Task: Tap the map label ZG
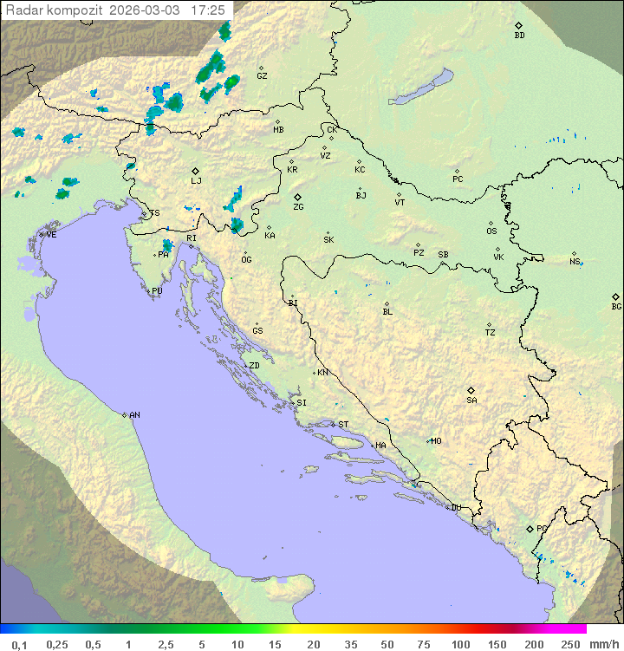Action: tap(298, 207)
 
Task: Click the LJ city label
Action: tap(196, 181)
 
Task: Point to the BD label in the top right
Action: tap(519, 36)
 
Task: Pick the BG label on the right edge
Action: tap(616, 306)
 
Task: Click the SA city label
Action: tap(471, 400)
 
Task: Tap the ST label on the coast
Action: tap(343, 425)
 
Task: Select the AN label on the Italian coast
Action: tap(134, 415)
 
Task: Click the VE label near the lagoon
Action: tap(51, 235)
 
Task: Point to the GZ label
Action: tap(262, 75)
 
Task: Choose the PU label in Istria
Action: tap(157, 291)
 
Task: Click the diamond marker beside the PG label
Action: tap(530, 528)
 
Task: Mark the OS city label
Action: tap(491, 231)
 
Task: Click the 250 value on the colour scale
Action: tap(570, 644)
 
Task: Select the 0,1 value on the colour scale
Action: tap(20, 644)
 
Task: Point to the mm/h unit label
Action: tap(604, 644)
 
